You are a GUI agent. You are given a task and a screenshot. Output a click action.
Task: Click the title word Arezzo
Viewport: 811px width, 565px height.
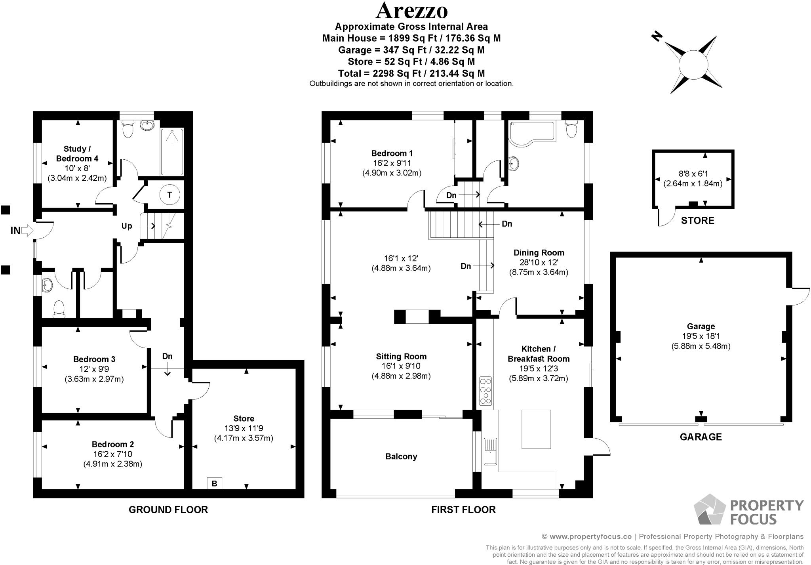(411, 11)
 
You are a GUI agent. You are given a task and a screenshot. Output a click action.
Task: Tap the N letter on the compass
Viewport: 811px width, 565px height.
(657, 37)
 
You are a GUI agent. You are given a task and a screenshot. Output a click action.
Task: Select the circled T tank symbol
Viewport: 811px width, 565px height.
(170, 195)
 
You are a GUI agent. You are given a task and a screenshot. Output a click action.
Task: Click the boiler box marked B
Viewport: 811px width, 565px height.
(214, 483)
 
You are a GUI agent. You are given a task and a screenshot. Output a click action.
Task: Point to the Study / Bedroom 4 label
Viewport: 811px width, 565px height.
(77, 154)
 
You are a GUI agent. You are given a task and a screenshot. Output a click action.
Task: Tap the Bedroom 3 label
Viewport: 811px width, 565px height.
(94, 359)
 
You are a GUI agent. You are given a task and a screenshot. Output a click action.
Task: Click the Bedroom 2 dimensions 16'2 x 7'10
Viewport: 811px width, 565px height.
(112, 454)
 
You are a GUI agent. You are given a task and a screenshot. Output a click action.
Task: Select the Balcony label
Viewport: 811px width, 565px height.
(401, 456)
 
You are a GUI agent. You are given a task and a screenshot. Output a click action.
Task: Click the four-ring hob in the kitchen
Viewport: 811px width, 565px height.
(485, 391)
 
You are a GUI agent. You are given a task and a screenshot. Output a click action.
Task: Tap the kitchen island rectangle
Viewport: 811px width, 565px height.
(536, 429)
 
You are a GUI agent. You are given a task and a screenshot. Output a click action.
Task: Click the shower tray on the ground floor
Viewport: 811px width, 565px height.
(172, 152)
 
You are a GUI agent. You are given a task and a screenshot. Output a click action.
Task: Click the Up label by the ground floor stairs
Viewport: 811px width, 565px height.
(127, 226)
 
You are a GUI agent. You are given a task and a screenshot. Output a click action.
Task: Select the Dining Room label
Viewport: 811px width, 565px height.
(539, 253)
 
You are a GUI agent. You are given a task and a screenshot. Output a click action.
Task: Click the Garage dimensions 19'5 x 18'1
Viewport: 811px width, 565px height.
(701, 336)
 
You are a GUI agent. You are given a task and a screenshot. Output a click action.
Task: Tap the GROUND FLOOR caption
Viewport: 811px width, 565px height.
(168, 510)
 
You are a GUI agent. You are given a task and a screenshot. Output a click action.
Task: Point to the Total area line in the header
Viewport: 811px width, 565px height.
(411, 73)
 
